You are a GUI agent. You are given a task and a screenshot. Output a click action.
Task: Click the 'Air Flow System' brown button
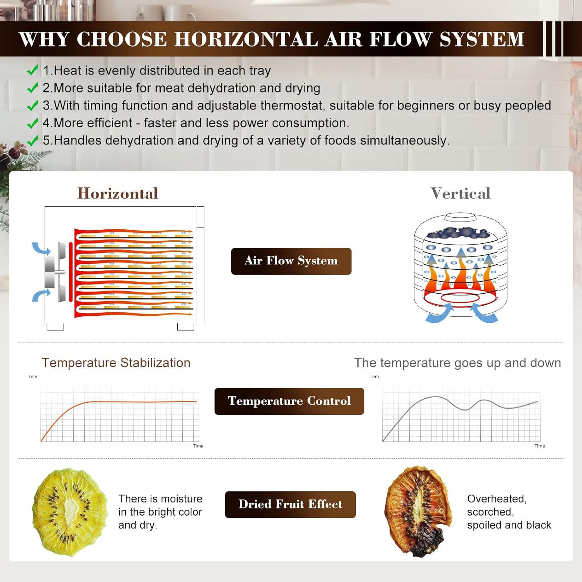pyautogui.click(x=291, y=261)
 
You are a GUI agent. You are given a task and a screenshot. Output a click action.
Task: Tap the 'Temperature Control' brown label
pyautogui.click(x=289, y=401)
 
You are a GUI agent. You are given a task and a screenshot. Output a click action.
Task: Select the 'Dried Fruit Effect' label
pyautogui.click(x=290, y=504)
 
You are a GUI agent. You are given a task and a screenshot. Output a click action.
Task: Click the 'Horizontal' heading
pyautogui.click(x=118, y=193)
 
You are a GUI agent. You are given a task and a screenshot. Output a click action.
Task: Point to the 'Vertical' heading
pyautogui.click(x=461, y=193)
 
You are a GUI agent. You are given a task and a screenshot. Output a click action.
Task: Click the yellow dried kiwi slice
pyautogui.click(x=70, y=512)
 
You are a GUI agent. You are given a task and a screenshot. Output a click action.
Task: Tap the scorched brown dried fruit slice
pyautogui.click(x=418, y=511)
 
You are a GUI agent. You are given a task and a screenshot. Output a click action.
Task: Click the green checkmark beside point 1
pyautogui.click(x=32, y=70)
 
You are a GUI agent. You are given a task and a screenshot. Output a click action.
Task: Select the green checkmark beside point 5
pyautogui.click(x=32, y=140)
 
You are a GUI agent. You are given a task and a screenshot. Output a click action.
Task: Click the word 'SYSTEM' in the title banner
pyautogui.click(x=482, y=39)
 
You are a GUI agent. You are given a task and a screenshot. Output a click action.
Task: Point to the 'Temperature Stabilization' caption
pyautogui.click(x=116, y=363)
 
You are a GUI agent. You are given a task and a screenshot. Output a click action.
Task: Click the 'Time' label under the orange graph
pyautogui.click(x=198, y=446)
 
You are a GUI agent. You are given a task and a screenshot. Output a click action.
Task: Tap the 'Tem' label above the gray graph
pyautogui.click(x=374, y=376)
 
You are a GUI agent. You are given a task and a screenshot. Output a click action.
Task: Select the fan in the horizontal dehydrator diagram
pyautogui.click(x=55, y=272)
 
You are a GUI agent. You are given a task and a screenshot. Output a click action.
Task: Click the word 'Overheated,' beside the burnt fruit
pyautogui.click(x=497, y=499)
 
